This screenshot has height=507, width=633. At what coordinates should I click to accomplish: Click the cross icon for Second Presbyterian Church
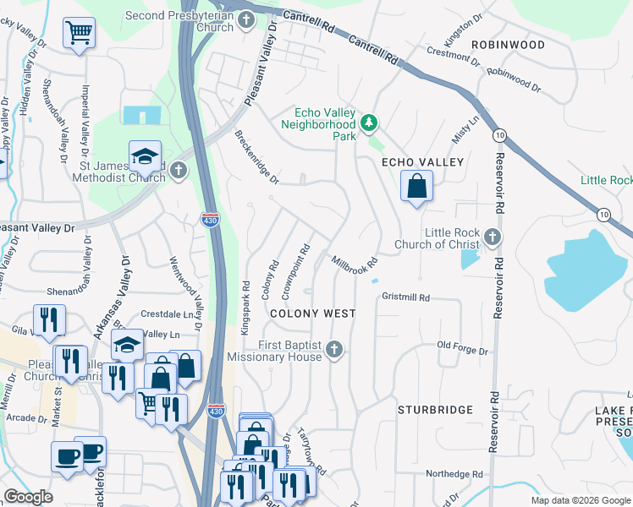[x=246, y=19]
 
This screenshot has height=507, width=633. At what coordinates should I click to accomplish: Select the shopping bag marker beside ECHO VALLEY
[x=416, y=187]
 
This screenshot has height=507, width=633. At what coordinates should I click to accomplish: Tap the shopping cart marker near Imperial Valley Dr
[x=79, y=34]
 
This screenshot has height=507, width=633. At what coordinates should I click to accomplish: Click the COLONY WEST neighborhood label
[x=312, y=313]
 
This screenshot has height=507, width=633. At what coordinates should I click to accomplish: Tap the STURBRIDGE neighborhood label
[x=435, y=410]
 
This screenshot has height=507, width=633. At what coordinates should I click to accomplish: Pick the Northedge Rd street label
[x=454, y=474]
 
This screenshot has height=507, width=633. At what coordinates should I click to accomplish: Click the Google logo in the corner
[x=28, y=497]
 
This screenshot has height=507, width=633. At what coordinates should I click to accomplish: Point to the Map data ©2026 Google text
[x=580, y=500]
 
